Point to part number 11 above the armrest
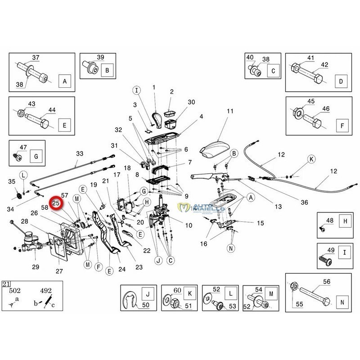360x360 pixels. pos(230,111)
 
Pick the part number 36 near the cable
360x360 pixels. pos(305,202)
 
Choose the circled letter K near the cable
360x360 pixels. pos(311,159)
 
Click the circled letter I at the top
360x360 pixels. pos(138,90)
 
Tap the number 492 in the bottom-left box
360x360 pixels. pos(46,291)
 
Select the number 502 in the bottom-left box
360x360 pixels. pos(17,291)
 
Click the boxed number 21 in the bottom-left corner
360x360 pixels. pos(6,283)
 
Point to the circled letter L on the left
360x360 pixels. pos(23,175)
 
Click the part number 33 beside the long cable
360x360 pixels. pos(80,153)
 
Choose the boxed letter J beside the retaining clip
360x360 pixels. pos(146,295)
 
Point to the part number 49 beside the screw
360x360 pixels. pos(329,251)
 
